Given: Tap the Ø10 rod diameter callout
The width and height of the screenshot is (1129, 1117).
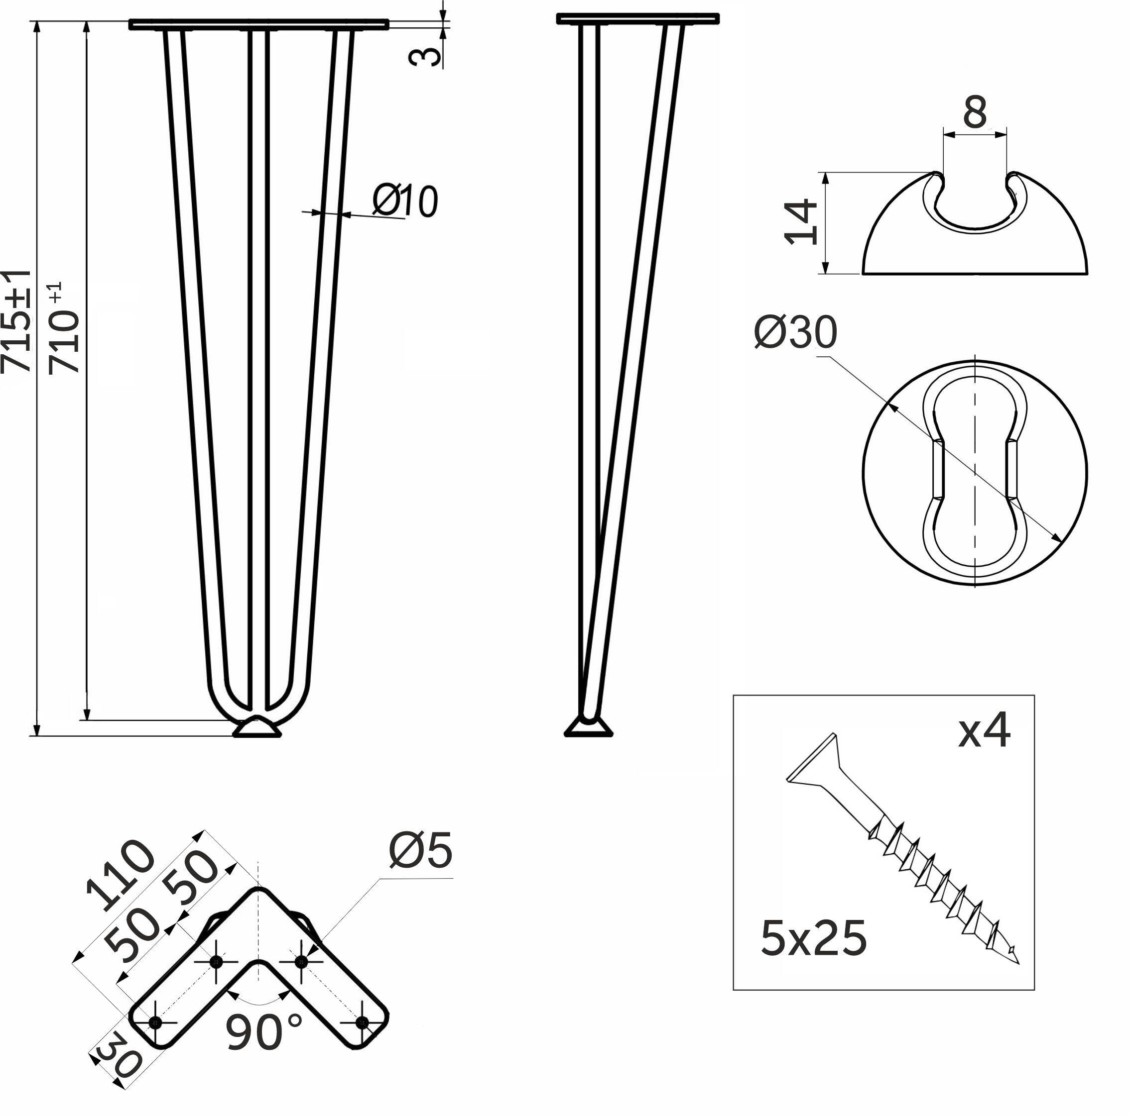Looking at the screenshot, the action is [x=404, y=202].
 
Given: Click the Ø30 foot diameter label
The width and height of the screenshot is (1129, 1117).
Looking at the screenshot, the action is [x=795, y=333].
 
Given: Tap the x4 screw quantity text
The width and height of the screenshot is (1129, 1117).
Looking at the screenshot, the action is [x=984, y=731].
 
